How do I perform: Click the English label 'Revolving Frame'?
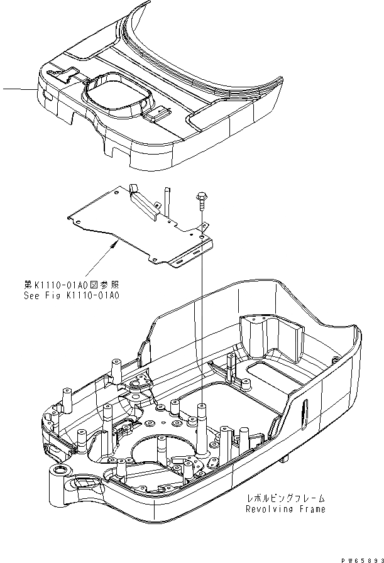pyautogui.click(x=287, y=509)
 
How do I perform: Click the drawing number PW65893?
pyautogui.click(x=355, y=557)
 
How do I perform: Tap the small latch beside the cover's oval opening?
pyautogui.click(x=156, y=114)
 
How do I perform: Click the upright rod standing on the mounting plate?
pyautogui.click(x=167, y=194)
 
